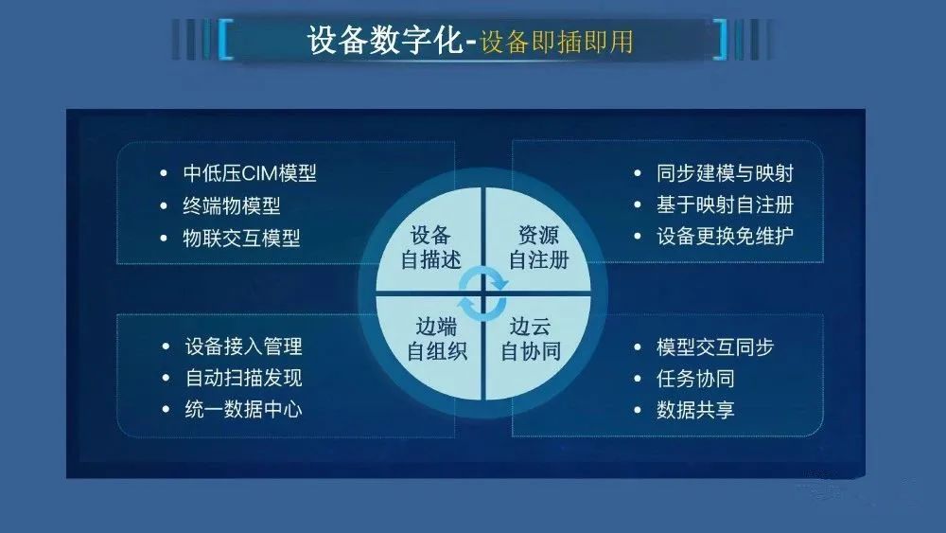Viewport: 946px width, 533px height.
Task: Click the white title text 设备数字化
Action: [x=384, y=41]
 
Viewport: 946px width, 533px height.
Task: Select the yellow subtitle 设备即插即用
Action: [x=556, y=42]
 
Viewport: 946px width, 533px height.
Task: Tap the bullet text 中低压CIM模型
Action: [x=250, y=174]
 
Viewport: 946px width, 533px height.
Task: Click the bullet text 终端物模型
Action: [x=232, y=205]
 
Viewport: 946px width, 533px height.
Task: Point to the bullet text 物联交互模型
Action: [x=241, y=238]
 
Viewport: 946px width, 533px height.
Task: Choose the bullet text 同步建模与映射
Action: [x=725, y=174]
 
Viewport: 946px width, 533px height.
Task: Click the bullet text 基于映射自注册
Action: [x=725, y=205]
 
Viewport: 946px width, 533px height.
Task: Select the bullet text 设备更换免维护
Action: [x=725, y=236]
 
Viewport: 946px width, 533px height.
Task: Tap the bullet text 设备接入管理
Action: [x=244, y=346]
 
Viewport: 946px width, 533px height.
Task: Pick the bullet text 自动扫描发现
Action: [x=244, y=378]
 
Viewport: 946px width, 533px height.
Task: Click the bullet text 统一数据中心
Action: [x=244, y=409]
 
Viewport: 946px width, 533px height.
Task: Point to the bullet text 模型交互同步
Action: [x=715, y=347]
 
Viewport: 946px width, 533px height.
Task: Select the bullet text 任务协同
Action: [x=695, y=379]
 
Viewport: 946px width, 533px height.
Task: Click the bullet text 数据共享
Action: [x=695, y=410]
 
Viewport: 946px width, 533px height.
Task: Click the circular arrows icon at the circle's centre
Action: [x=482, y=294]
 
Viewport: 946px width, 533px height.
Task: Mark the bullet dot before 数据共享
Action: [x=638, y=411]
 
